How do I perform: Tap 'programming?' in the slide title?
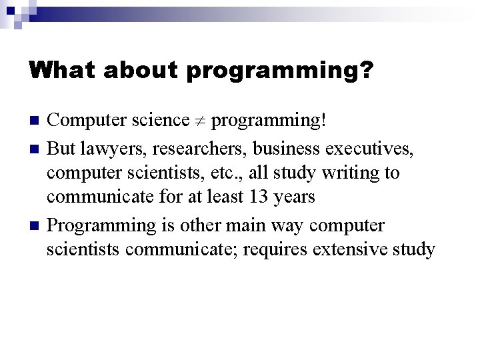279,71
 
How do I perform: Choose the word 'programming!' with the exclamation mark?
269,121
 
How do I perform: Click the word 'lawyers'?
103,147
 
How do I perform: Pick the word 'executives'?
363,147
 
